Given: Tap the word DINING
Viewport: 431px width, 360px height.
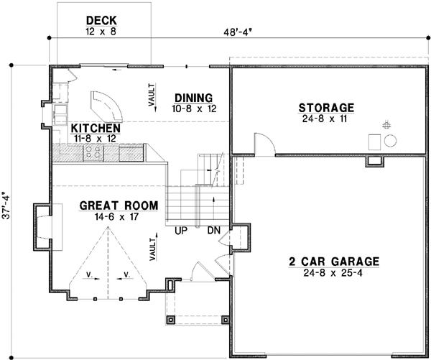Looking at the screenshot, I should tap(193, 98).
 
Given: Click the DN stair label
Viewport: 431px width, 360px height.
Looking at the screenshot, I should tap(213, 231).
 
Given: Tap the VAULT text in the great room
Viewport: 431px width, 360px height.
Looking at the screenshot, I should tap(152, 248).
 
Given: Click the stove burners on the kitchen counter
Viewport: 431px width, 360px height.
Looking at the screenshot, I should tap(93, 152).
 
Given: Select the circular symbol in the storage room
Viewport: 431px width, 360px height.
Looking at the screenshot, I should tap(391, 139).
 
